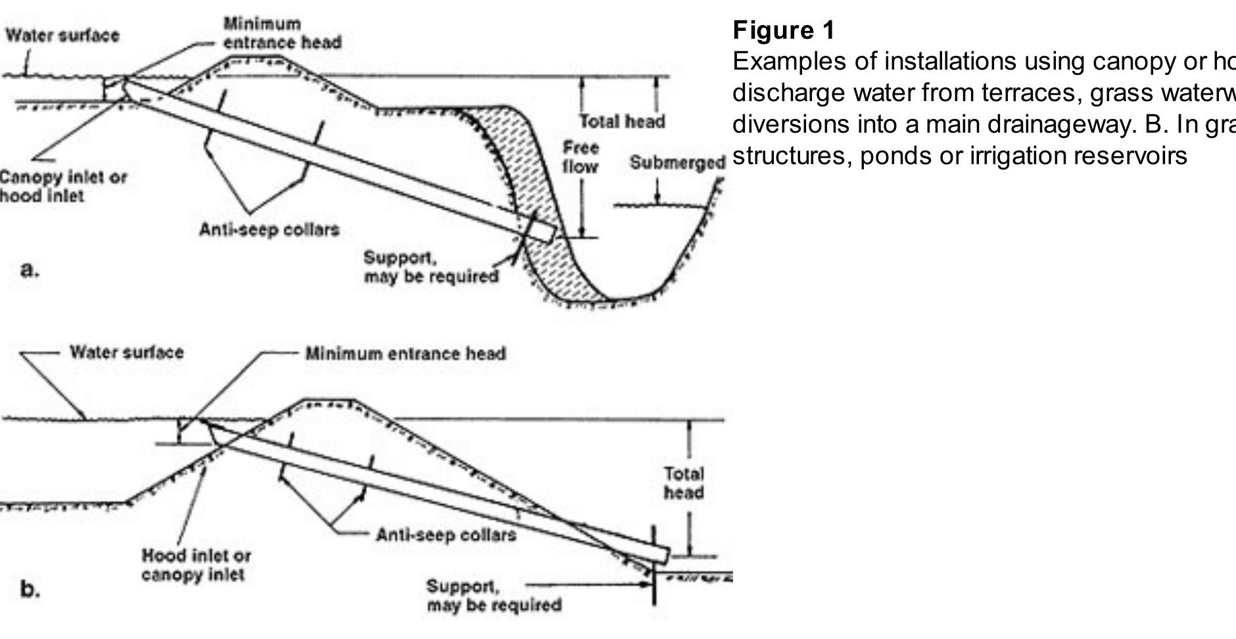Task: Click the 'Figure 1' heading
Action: pyautogui.click(x=784, y=30)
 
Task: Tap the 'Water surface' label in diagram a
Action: pyautogui.click(x=62, y=35)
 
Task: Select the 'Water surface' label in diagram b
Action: pyautogui.click(x=127, y=353)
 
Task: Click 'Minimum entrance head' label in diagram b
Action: pyautogui.click(x=406, y=354)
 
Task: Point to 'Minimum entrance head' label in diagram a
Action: pyautogui.click(x=282, y=33)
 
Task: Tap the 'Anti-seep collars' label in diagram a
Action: pyautogui.click(x=269, y=230)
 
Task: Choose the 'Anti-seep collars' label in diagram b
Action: pyautogui.click(x=446, y=535)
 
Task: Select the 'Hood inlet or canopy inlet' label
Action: pyautogui.click(x=196, y=565)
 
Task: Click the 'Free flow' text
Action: pyautogui.click(x=580, y=158)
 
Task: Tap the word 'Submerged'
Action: pyautogui.click(x=677, y=162)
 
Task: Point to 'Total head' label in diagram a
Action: pyautogui.click(x=622, y=121)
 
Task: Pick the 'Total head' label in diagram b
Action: pyautogui.click(x=684, y=483)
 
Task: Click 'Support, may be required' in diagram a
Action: pyautogui.click(x=431, y=267)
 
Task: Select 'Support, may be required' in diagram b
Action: pyautogui.click(x=494, y=596)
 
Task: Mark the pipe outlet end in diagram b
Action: pyautogui.click(x=663, y=556)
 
